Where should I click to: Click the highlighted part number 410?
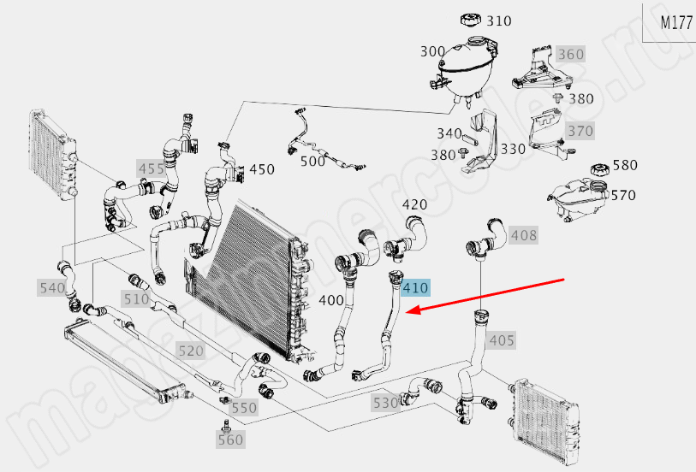415,288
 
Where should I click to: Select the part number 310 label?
499,20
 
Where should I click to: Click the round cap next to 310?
471,19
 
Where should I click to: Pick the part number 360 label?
569,55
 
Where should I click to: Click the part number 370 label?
580,132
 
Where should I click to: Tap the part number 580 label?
626,165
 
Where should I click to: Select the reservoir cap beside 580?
598,169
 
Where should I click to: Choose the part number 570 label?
623,195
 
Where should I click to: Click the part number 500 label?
312,160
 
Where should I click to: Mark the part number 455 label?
151,168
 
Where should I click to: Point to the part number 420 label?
415,204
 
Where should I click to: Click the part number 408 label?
524,234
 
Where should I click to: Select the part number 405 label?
502,340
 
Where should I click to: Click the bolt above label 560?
226,425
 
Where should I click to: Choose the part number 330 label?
513,149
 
